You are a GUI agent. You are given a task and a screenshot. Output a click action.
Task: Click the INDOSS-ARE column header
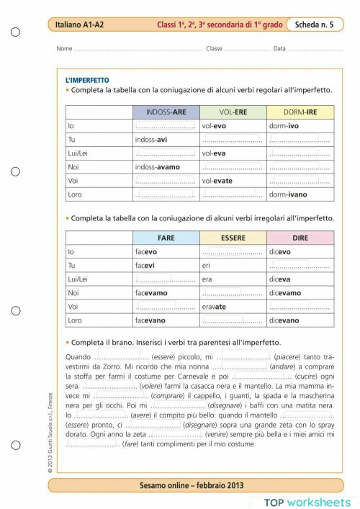coord(166,112)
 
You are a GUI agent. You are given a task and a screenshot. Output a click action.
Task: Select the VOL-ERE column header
coord(233,112)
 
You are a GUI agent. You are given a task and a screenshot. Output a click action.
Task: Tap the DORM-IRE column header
coord(300,112)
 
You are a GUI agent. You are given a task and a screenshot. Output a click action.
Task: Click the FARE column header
coord(166,238)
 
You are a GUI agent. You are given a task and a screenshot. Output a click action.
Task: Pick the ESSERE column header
coord(233,238)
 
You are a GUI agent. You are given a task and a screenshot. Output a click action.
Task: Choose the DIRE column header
coord(300,238)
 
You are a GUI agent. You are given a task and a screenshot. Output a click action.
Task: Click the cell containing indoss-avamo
coord(166,167)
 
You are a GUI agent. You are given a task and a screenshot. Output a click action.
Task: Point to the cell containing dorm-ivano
coord(300,194)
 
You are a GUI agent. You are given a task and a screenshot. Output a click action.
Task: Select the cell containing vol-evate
coord(233,181)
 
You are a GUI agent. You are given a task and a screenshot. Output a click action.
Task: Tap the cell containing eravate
coord(233,307)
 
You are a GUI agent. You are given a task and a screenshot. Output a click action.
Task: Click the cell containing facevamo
coord(166,293)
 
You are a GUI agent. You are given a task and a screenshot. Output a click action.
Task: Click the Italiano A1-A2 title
coord(80,25)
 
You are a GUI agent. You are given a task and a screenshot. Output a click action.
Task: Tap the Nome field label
coord(64,49)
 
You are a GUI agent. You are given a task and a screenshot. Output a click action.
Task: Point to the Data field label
coord(279,49)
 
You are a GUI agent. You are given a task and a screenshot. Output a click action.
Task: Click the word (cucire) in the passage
coord(305,376)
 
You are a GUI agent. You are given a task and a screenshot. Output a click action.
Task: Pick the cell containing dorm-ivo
coord(300,126)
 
